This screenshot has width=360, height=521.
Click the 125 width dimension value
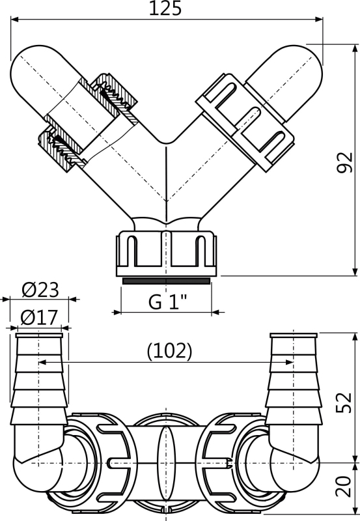165,8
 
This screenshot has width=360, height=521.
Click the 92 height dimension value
344,162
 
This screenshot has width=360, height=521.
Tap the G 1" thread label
167,302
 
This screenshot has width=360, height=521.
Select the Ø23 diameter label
40,290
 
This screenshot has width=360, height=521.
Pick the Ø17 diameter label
39,318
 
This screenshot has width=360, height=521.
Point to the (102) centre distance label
170,351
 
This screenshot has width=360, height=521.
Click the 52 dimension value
344,402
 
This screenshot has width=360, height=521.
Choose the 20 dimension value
344,486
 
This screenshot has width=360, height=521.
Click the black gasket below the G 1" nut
166,281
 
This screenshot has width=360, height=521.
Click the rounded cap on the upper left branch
42,79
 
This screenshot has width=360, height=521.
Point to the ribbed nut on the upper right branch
245,122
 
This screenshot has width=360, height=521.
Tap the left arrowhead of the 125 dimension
14,20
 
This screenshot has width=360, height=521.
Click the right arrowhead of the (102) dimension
289,362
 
